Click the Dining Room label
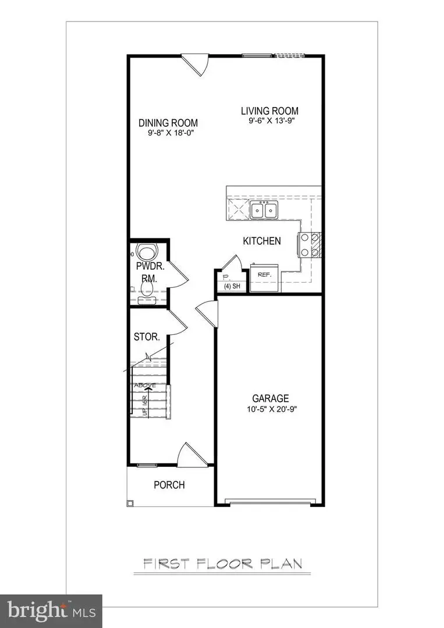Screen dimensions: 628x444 pos(168,123)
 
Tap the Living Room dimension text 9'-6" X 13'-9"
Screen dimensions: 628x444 pos(270,122)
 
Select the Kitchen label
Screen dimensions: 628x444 pos(262,241)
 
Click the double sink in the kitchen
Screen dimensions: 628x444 pos(264,210)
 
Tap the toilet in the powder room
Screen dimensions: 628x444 pos(146,254)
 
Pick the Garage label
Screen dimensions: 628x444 pos(270,398)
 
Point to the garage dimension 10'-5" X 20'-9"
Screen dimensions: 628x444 pos(270,409)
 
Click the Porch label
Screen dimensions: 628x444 pos(169,484)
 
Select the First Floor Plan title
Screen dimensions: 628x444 pos(223,563)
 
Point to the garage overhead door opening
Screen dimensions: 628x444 pos(272,501)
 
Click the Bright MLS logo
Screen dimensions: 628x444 pos(51,611)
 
